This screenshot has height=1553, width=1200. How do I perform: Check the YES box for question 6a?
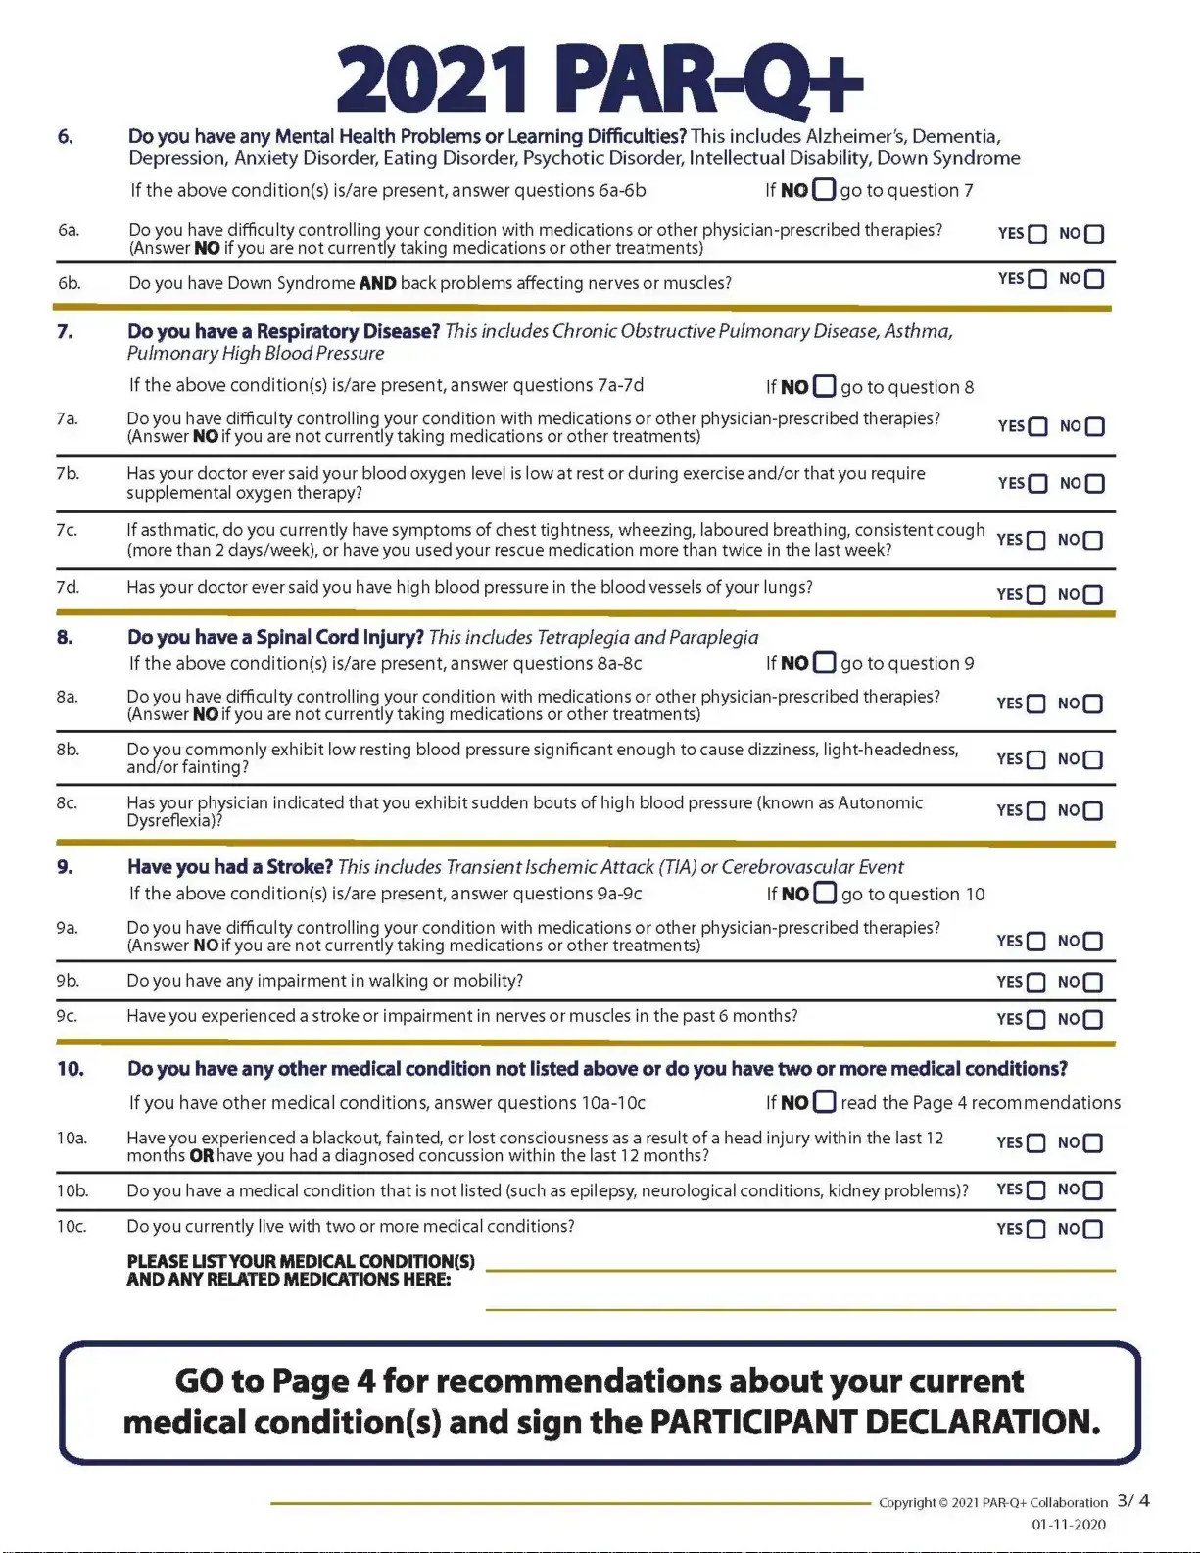(x=1037, y=234)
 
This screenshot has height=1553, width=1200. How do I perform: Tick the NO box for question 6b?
(x=1094, y=279)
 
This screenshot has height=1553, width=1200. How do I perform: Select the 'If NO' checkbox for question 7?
(x=825, y=386)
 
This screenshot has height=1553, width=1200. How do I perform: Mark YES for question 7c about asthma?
(x=1035, y=541)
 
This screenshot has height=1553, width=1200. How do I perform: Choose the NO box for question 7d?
(x=1093, y=595)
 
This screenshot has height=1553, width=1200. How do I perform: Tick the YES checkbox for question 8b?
(x=1035, y=760)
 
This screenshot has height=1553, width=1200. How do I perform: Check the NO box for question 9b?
(x=1093, y=983)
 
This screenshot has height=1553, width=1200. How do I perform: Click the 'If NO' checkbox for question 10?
(x=825, y=1102)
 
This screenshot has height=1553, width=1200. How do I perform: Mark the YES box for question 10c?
(x=1035, y=1230)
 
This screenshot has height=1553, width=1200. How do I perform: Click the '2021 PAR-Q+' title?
(x=600, y=81)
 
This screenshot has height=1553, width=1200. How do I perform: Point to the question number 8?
(x=65, y=638)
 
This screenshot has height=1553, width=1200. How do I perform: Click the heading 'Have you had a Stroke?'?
(x=230, y=867)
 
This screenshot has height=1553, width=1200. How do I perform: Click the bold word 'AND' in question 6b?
(x=377, y=284)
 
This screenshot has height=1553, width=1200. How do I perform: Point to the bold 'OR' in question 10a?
(x=201, y=1156)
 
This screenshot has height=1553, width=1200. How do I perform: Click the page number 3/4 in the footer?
(x=1133, y=1501)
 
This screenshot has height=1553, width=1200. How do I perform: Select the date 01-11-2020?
(x=1069, y=1525)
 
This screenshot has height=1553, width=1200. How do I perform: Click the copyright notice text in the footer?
(x=992, y=1503)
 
